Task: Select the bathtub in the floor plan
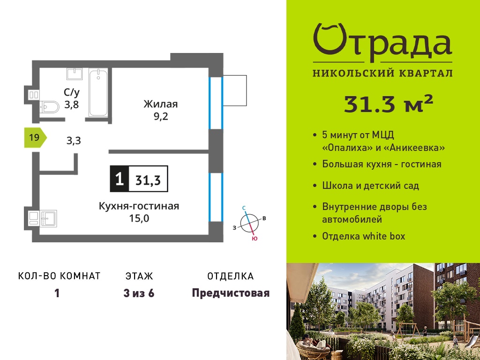(x=98, y=92)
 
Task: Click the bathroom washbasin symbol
(x=75, y=74)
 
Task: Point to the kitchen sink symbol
(x=48, y=218)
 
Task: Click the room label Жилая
(x=160, y=104)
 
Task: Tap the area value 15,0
(x=139, y=218)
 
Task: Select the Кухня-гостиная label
(x=139, y=206)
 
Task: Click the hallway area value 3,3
(x=74, y=141)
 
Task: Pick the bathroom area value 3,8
(x=71, y=105)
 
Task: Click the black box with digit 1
(x=120, y=179)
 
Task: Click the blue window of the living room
(x=216, y=103)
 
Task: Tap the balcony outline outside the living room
(x=234, y=90)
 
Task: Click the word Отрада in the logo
(x=382, y=42)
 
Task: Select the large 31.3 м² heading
(x=389, y=104)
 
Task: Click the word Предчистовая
(x=231, y=293)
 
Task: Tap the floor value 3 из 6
(x=139, y=293)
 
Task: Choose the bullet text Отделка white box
(x=364, y=236)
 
